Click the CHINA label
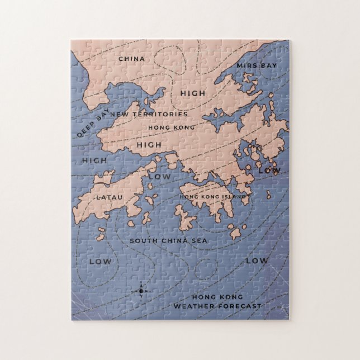(131, 59)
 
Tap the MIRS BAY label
(257, 65)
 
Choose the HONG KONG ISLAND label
(213, 197)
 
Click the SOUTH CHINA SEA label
(161, 240)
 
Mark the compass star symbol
(141, 291)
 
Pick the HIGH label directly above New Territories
(193, 93)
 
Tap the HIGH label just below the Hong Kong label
(149, 145)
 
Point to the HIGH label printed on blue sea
(94, 160)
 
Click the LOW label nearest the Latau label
(159, 177)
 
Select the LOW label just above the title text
(257, 260)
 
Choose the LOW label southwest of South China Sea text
(101, 261)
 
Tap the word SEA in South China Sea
(184, 240)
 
